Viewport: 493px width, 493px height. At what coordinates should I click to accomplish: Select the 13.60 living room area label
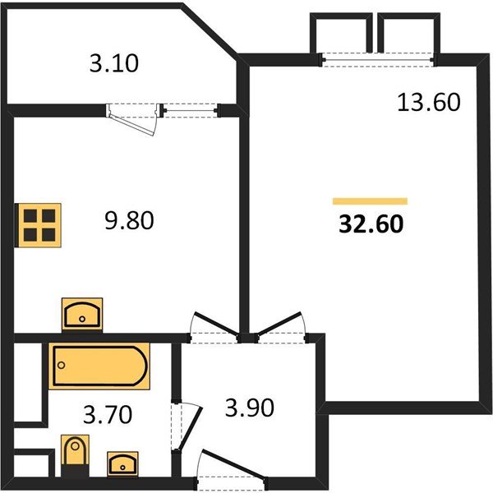point(427,103)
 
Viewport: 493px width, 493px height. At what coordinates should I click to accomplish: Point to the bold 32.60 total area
point(371,224)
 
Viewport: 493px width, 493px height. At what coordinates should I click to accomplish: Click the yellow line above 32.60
point(370,200)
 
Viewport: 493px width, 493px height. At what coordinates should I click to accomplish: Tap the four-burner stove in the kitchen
point(39,223)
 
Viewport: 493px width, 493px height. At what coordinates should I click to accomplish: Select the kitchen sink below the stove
point(83,316)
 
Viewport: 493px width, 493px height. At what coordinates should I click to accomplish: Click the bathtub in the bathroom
point(100,366)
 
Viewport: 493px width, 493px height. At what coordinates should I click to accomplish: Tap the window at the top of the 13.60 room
point(376,56)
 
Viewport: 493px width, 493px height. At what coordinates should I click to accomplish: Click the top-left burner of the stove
point(31,216)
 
